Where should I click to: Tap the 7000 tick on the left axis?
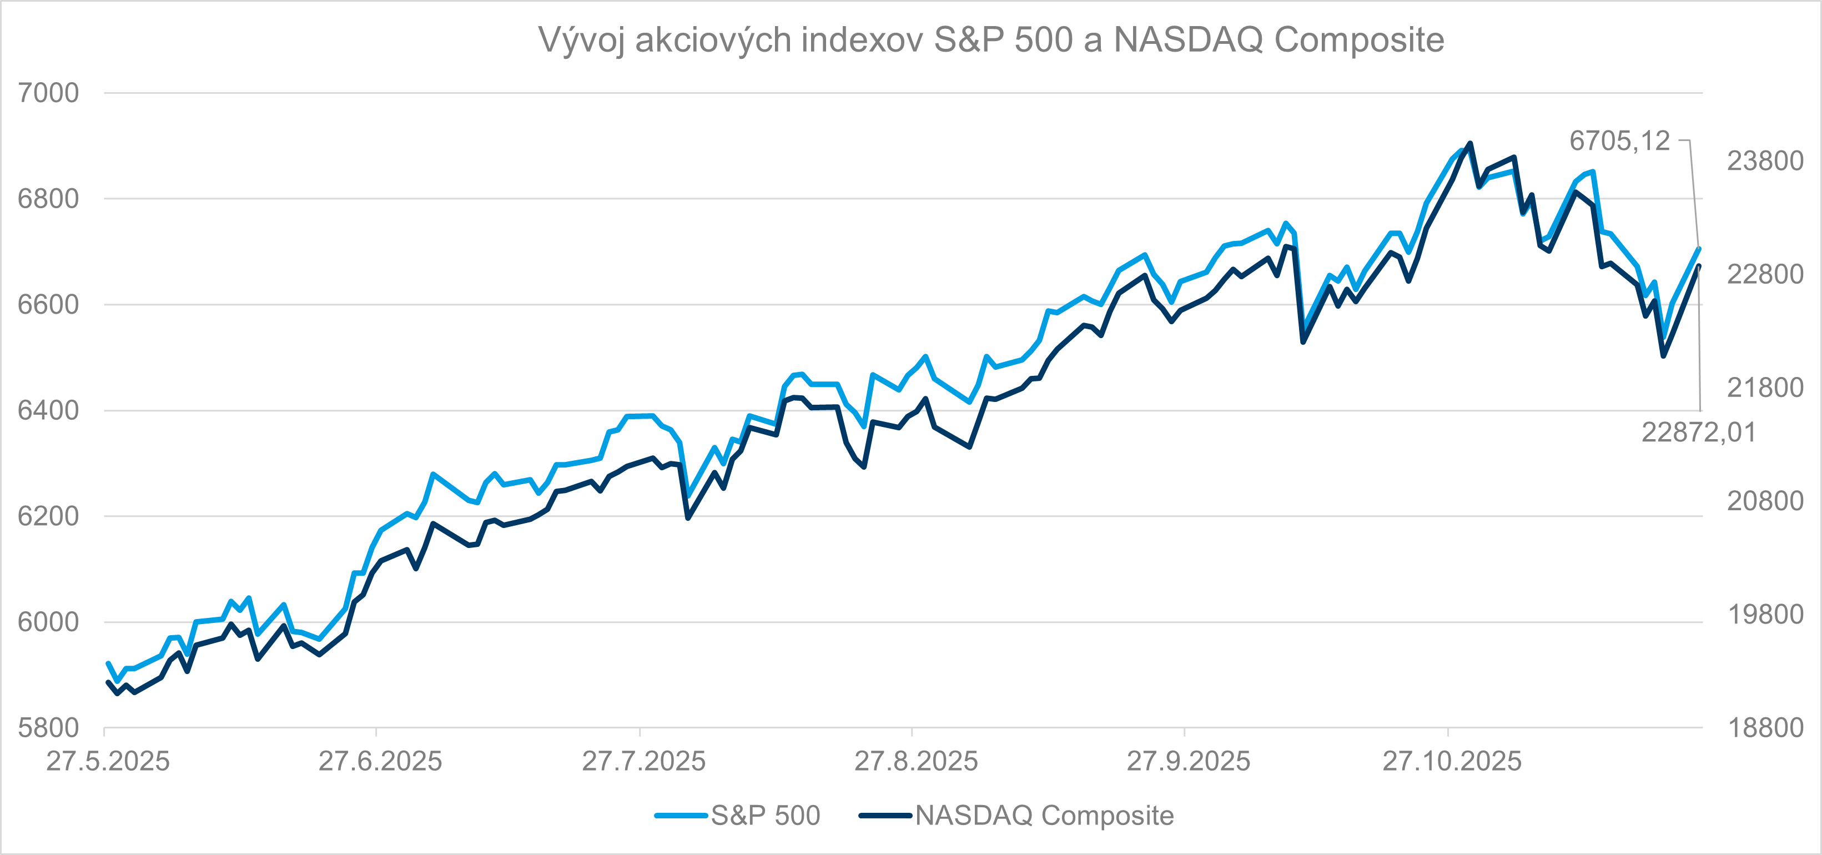pos(48,93)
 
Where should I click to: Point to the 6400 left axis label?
pos(48,410)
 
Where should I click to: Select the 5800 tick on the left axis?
pos(48,728)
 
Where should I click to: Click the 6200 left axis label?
pos(48,516)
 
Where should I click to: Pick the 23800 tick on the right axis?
pos(1765,161)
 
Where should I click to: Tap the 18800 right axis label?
pos(1765,728)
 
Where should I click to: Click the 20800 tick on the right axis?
pos(1765,501)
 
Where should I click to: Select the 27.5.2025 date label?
pos(108,762)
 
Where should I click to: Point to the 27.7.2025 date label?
pos(643,762)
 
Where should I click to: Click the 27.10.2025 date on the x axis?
pos(1451,762)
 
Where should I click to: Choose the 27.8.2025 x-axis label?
pos(916,762)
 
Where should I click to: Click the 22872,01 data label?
pos(1698,432)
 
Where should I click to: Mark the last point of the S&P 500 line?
pos(1699,248)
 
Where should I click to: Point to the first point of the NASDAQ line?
pos(108,682)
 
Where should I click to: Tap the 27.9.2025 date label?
pos(1188,762)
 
